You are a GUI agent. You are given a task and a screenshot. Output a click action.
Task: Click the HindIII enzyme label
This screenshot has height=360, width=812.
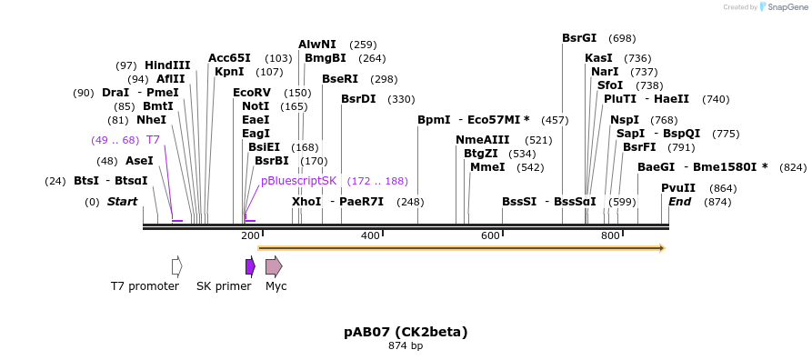coord(167,65)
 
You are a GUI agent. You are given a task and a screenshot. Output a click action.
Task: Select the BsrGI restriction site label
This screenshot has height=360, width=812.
coord(579,38)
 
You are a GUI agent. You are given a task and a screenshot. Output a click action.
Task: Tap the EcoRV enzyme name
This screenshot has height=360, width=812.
coord(252,93)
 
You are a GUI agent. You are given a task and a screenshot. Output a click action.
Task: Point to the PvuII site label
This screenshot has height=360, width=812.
coord(678,188)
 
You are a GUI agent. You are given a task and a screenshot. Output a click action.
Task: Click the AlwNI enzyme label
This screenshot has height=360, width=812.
coord(316,45)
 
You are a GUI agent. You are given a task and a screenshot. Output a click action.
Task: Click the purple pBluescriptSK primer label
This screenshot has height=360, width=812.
coord(298,181)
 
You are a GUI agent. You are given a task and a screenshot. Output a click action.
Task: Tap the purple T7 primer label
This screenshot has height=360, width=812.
coord(153,140)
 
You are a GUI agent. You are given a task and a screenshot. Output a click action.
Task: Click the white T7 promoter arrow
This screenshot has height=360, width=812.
coord(176,266)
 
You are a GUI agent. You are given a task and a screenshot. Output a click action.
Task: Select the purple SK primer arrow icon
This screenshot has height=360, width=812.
coord(250,266)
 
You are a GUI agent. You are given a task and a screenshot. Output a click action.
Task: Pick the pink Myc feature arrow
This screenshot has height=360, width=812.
coord(273,266)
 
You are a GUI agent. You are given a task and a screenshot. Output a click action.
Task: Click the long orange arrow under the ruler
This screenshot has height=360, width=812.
coord(461,247)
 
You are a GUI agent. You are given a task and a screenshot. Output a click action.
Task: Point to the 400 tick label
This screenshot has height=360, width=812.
coord(370,236)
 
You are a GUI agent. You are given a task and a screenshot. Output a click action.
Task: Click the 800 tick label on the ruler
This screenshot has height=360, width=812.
coord(610,236)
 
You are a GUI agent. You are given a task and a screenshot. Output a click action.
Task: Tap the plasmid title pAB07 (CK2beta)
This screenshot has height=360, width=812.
coord(406,332)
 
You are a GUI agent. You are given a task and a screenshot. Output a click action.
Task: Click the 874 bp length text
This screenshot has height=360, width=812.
coord(406,346)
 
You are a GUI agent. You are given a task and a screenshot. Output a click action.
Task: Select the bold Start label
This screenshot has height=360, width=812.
coord(123,202)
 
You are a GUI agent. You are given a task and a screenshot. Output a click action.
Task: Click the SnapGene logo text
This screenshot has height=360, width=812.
coord(787,7)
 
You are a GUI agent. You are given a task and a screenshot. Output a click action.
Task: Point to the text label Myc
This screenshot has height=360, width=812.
coord(276,286)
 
